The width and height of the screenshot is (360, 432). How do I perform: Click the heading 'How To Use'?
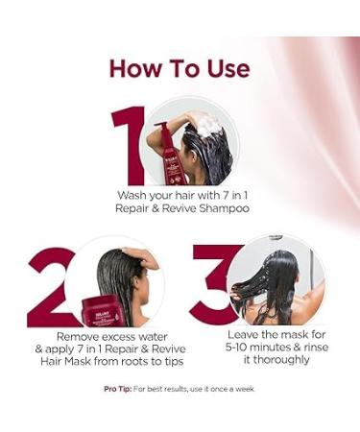tap(180, 68)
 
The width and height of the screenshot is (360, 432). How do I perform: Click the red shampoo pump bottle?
tap(171, 156)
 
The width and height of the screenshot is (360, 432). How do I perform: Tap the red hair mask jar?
tap(101, 309)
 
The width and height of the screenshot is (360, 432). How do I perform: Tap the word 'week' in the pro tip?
tap(247, 389)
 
